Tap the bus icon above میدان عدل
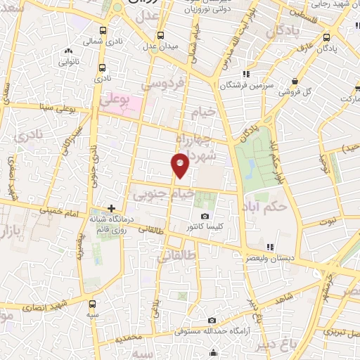tap(161, 34)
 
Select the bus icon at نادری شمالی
tap(103, 31)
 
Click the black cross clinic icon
tap(111, 208)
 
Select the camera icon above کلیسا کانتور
tap(205, 216)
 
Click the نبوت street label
tap(327, 221)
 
